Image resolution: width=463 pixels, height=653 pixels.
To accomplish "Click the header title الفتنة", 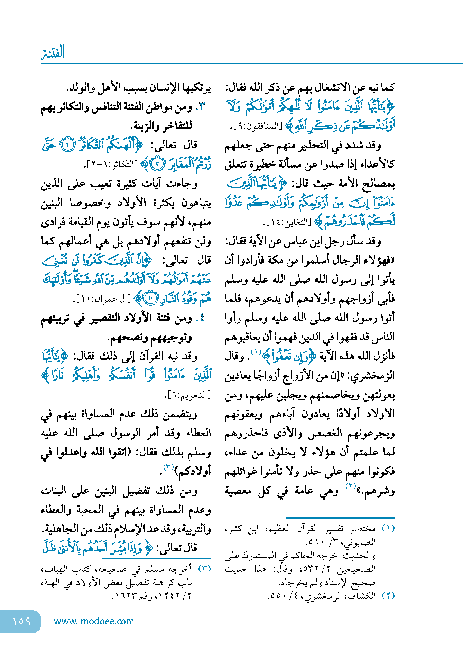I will click(x=53, y=53).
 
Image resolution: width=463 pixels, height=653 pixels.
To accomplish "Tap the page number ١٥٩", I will click(x=21, y=621).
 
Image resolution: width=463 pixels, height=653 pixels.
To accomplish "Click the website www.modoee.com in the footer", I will click(x=94, y=621).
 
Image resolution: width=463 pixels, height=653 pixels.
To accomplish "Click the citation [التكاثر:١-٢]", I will click(x=111, y=164).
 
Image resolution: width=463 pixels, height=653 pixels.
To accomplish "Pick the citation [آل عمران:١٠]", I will click(x=102, y=299).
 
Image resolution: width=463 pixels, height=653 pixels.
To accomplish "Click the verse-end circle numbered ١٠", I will click(x=151, y=299).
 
